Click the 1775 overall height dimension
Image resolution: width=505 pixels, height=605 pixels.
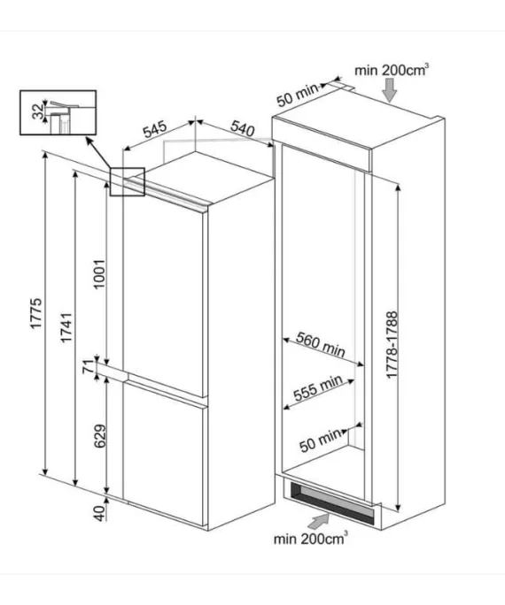(x=36, y=313)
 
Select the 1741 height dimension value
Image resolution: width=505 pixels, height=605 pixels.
(x=66, y=327)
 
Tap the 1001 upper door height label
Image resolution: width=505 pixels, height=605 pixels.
(x=99, y=274)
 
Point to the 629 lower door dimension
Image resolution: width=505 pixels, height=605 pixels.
(x=100, y=436)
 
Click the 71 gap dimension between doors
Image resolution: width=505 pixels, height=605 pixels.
(x=89, y=366)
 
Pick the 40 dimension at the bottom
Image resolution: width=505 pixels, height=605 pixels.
(x=100, y=514)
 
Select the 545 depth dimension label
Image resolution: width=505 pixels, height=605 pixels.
(x=155, y=129)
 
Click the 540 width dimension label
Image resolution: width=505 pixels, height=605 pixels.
(x=243, y=128)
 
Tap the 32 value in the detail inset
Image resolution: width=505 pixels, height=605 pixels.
(x=39, y=112)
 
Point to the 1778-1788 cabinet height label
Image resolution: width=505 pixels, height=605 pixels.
(x=392, y=345)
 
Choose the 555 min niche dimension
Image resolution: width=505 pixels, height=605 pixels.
(x=318, y=387)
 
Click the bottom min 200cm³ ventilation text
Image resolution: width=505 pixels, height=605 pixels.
(x=310, y=539)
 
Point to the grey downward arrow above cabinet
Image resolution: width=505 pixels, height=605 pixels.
(x=390, y=90)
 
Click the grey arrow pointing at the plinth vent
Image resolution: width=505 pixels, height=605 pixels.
(x=319, y=522)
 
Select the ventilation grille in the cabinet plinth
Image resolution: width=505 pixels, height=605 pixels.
(x=331, y=501)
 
